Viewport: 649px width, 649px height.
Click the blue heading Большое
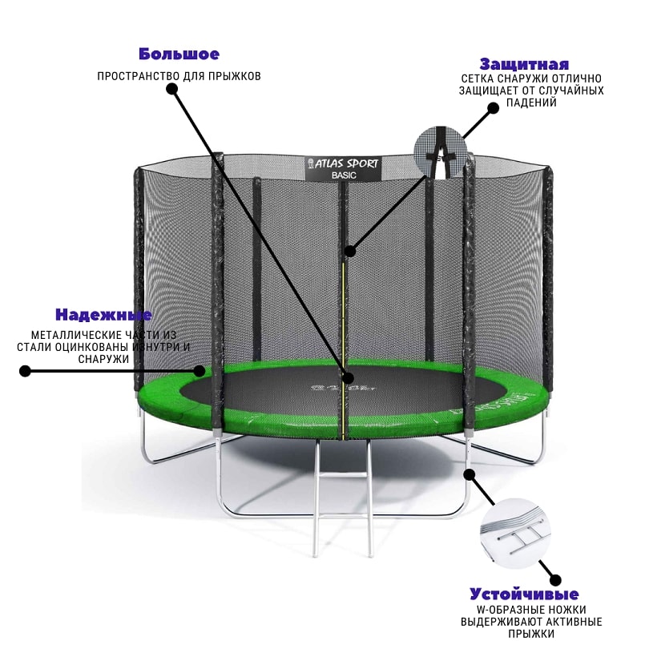179,54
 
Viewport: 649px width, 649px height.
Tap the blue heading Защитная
525,65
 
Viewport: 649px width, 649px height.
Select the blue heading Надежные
103,315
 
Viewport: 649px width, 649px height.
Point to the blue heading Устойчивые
524,595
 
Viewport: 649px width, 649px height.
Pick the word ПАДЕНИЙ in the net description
531,103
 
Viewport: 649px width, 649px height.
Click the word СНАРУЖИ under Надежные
103,359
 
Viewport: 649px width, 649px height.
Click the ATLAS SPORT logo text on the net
343,164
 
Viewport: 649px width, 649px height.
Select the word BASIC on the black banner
344,175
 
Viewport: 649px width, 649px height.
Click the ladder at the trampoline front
343,497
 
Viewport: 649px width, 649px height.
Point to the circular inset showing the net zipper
441,153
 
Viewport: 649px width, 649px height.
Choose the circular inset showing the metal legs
516,534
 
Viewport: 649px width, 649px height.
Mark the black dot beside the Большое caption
171,89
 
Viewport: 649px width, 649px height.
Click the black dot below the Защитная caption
493,108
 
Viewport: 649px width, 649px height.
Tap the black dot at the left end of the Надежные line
26,371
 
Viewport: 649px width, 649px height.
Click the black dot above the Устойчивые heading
555,580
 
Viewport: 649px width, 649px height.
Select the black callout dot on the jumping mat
349,377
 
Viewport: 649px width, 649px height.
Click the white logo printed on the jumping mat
343,389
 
